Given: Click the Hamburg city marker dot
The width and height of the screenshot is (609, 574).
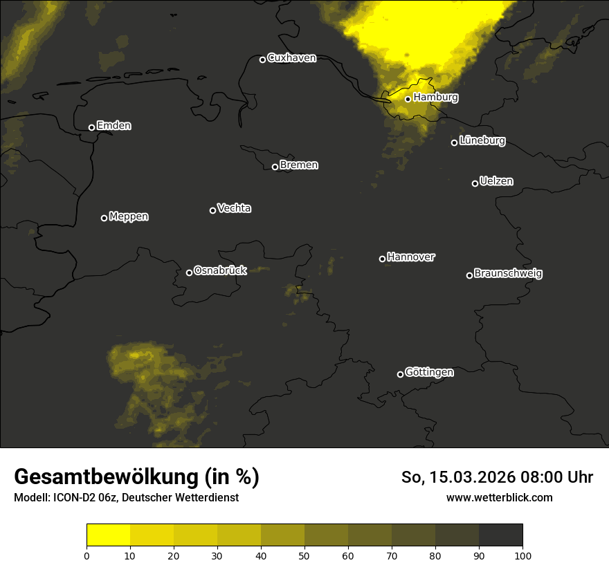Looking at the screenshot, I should tap(408, 99).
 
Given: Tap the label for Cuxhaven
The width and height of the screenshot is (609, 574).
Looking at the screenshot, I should tap(291, 58).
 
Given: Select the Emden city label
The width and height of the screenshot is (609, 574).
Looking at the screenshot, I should tap(113, 126).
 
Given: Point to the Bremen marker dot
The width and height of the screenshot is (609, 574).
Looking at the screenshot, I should tap(275, 167).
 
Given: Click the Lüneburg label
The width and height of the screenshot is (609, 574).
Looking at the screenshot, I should tap(482, 141).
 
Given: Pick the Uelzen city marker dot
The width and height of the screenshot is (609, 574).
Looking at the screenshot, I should tap(475, 183).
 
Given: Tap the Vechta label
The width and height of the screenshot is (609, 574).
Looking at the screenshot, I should tap(234, 208).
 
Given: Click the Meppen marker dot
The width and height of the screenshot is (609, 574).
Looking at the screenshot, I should tap(104, 218).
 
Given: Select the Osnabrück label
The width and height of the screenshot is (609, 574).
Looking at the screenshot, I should tap(220, 271).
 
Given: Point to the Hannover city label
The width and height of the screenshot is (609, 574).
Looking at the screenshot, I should tap(411, 257).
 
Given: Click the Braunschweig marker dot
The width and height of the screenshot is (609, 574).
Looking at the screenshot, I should tap(469, 275).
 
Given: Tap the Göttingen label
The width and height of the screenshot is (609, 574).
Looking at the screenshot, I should tap(429, 373).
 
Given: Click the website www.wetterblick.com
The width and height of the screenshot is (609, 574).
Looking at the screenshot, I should tap(499, 497).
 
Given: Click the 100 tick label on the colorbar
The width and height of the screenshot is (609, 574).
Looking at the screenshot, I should tap(522, 555).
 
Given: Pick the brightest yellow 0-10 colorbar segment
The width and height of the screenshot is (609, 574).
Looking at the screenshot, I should tap(109, 535).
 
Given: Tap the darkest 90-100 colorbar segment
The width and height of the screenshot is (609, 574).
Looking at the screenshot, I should tap(500, 535).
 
